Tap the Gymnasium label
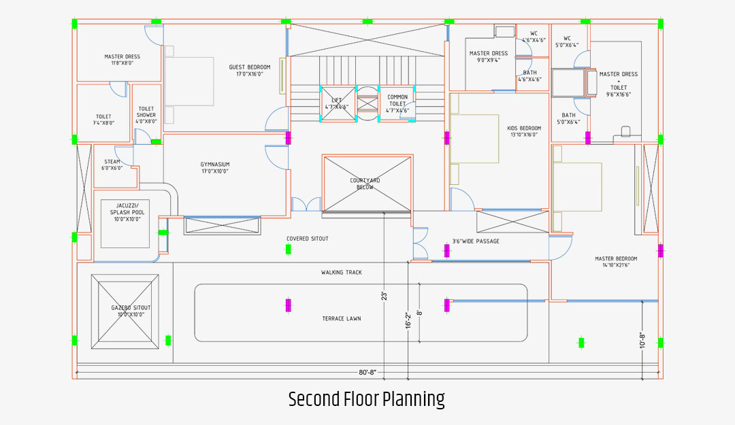214,167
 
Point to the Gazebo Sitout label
131,311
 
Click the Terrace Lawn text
342,318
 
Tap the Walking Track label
342,273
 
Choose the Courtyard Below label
365,184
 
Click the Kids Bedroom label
524,131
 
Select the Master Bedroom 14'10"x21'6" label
616,262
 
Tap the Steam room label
112,165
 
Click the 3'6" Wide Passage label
476,241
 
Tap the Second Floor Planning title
366,399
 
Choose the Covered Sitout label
308,239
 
